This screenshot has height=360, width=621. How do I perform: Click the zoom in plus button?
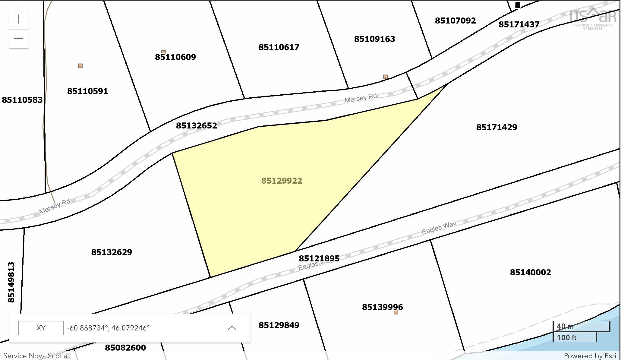click(19, 19)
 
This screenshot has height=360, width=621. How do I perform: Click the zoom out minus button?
click(19, 39)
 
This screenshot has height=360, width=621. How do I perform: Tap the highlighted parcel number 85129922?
click(282, 181)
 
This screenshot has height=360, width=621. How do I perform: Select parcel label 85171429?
click(496, 127)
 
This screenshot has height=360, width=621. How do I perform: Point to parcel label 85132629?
click(112, 252)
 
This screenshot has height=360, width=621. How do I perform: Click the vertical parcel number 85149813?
click(11, 282)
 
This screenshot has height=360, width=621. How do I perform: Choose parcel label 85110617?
click(279, 47)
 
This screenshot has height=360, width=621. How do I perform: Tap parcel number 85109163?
click(374, 39)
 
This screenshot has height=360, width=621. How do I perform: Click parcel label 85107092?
click(455, 21)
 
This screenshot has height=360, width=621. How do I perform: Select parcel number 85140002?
click(530, 272)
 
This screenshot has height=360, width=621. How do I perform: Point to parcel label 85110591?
click(87, 91)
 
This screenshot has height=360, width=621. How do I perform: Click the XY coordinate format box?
click(41, 328)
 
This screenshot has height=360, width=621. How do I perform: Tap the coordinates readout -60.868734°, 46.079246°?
click(109, 328)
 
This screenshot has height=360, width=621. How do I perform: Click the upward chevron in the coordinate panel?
click(232, 328)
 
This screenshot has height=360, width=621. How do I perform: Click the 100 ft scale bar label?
click(566, 337)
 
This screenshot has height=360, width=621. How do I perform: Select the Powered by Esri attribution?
click(590, 356)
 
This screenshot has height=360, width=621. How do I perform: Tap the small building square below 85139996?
click(396, 312)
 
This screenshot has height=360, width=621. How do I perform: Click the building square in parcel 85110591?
click(80, 66)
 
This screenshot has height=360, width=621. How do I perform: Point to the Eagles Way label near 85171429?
click(439, 228)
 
